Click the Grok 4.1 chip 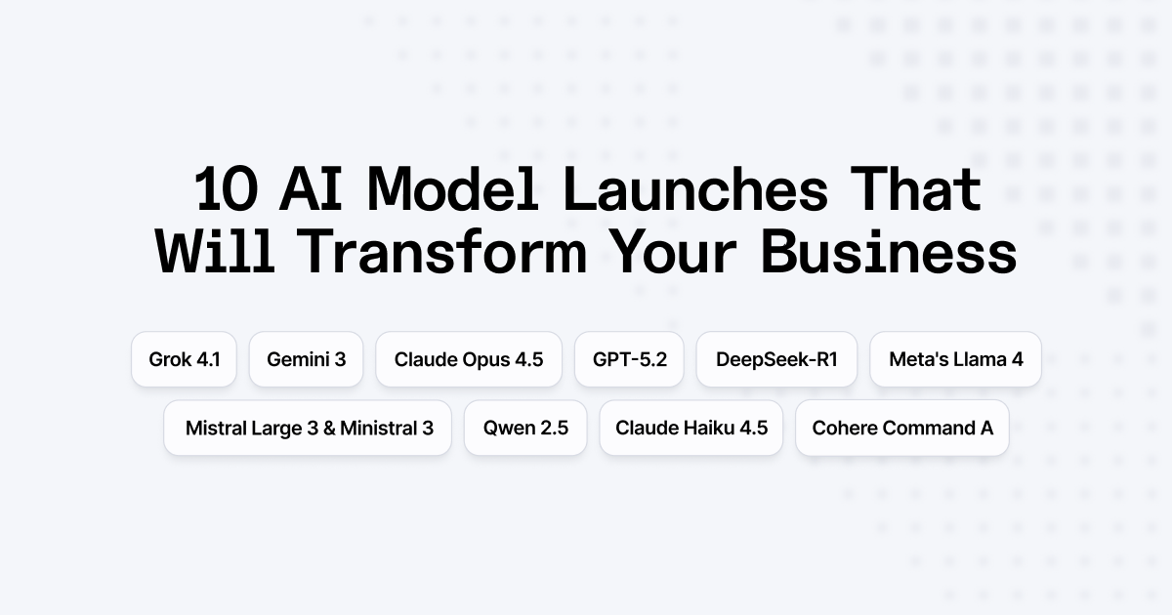point(185,359)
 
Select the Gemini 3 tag point(306,359)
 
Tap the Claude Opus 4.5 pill point(469,359)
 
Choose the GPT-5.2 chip point(630,359)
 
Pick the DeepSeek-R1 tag point(776,359)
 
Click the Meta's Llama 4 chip point(956,359)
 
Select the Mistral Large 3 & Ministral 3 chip point(309,428)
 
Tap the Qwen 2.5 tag point(525,428)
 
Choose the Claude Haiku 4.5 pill point(691,428)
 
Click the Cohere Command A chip point(902,428)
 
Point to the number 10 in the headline point(227,189)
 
